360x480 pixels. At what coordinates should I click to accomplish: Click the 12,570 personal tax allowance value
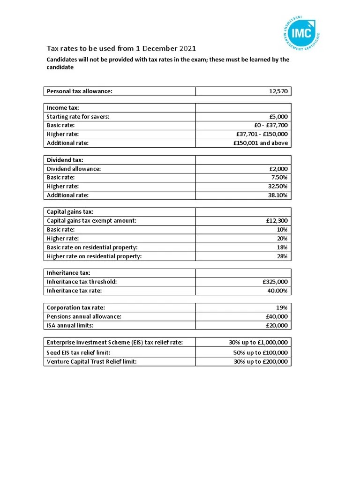click(278, 91)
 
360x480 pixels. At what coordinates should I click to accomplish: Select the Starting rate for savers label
click(78, 117)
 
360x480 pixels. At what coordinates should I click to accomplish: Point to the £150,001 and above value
click(260, 143)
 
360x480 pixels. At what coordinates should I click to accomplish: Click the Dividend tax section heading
click(65, 160)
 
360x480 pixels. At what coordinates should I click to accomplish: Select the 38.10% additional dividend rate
click(277, 195)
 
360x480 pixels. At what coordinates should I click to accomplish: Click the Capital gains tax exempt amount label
click(91, 221)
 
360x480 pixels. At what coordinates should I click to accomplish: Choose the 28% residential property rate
click(282, 256)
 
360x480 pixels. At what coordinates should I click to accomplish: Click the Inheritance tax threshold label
click(82, 282)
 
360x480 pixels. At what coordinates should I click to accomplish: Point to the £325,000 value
click(275, 282)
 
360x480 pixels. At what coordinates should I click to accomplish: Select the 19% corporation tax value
click(282, 307)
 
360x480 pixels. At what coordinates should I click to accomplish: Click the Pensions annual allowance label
click(84, 316)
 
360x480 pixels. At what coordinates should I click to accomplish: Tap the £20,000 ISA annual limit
click(277, 325)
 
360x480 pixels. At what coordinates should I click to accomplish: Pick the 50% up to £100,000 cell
click(261, 352)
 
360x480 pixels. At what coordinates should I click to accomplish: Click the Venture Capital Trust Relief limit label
click(91, 361)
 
